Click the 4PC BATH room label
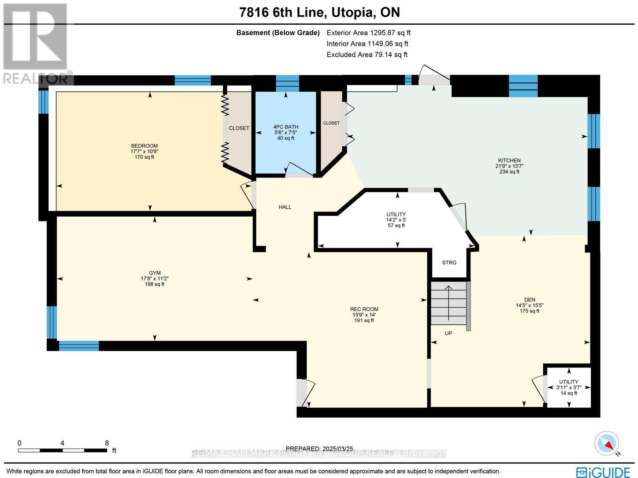point(286,127)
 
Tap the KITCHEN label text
point(509,160)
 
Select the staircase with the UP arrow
point(449,303)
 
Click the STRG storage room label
point(449,263)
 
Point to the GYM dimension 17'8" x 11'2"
point(155,279)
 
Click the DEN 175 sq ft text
point(530,311)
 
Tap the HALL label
point(285,207)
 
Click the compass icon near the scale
point(607,443)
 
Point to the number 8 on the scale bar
point(106,443)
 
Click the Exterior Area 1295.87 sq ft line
point(368,33)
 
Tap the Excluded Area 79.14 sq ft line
point(366,55)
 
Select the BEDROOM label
point(144,146)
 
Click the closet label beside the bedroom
point(239,128)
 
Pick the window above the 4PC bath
point(287,83)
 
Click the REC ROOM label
point(364,309)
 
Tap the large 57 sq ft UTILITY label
point(396,214)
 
